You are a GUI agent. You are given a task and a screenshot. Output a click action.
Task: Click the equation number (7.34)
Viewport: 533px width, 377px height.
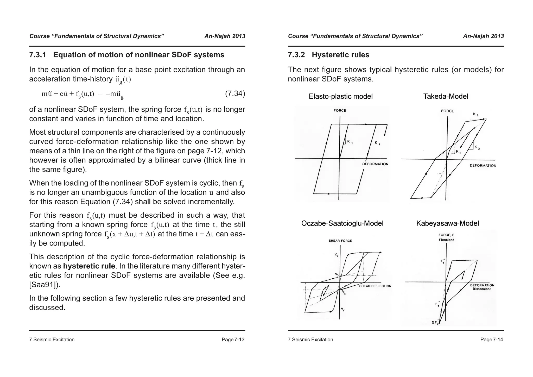pos(235,93)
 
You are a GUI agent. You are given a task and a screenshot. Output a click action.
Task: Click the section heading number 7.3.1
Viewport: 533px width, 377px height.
pos(37,55)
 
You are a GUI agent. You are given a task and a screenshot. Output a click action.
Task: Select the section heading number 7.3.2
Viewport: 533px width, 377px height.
pos(296,55)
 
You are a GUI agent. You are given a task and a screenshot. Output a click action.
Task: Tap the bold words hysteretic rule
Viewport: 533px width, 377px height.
pos(89,266)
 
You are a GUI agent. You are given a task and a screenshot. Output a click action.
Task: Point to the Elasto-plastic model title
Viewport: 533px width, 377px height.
pos(340,97)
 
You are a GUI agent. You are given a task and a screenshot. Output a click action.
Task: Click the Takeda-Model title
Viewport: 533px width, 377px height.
pos(446,97)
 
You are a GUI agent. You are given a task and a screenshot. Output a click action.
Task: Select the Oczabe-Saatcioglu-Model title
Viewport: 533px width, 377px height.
pos(342,223)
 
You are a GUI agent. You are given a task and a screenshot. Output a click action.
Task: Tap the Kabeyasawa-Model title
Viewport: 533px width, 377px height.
pos(447,223)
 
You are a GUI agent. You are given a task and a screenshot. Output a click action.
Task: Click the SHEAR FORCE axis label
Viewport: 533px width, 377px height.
pos(340,241)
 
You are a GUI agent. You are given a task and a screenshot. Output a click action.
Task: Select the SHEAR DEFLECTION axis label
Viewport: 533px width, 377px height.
pos(375,286)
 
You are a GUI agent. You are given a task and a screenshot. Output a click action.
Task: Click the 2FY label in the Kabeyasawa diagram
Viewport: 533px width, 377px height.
pos(435,322)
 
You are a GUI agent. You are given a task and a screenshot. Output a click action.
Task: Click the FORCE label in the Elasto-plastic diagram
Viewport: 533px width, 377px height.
pos(340,111)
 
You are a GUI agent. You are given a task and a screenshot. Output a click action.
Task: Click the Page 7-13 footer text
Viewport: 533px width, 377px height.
pos(233,340)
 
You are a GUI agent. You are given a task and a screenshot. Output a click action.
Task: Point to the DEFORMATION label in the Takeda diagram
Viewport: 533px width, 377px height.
pos(483,166)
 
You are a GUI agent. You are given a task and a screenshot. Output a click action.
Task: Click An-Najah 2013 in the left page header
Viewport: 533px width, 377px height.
pos(225,36)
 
